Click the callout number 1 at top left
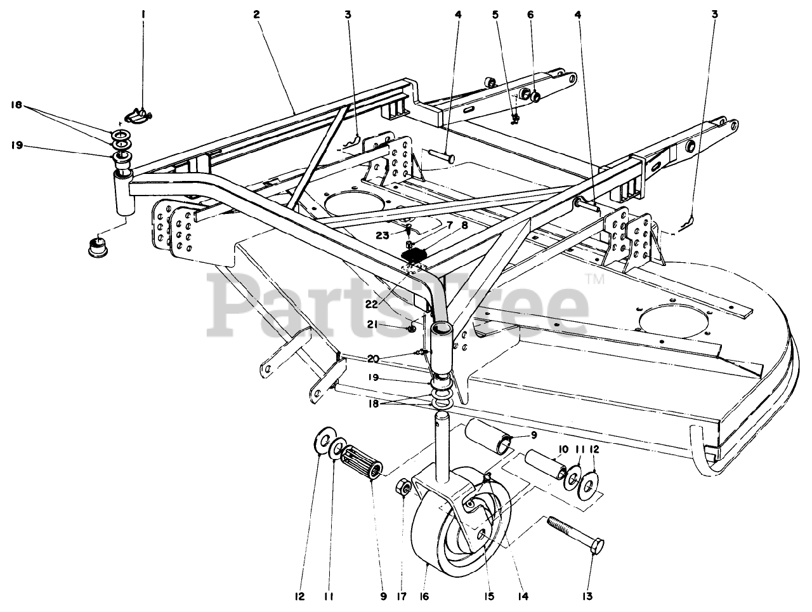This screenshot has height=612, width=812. (143, 13)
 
